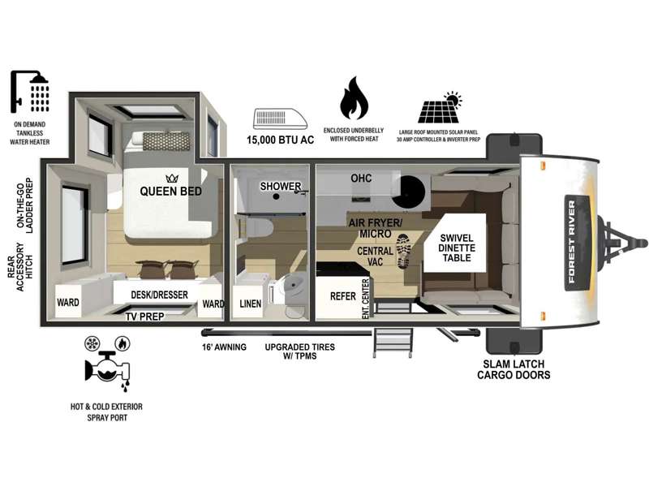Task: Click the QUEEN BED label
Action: coord(171,191)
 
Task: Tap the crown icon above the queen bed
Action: coord(172,179)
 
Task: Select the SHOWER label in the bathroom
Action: coord(280,187)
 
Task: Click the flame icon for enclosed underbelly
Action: coord(354,98)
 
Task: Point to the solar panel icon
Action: coord(440,108)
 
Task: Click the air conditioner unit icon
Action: coord(280,119)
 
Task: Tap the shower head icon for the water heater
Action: coord(30,91)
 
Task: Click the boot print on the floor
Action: coord(403,251)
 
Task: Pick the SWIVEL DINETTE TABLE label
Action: coord(457,248)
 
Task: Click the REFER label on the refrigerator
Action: coord(342,296)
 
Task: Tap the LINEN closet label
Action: coord(251,304)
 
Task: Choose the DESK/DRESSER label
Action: coord(159,295)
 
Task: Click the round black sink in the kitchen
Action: coord(409,192)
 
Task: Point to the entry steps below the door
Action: coord(393,343)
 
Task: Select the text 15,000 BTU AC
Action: coord(280,140)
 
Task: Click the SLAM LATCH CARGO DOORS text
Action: coord(514,369)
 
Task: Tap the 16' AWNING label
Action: coord(224,347)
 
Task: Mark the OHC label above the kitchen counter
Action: coord(361,178)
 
